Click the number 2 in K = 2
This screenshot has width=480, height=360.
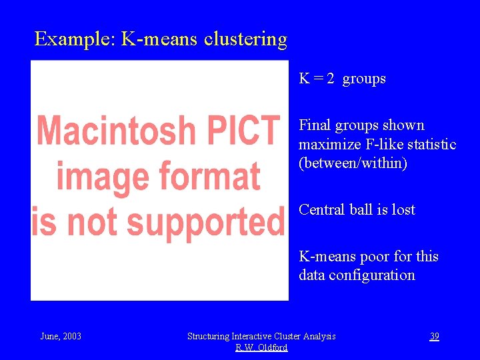330,79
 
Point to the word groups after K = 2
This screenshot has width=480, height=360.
364,79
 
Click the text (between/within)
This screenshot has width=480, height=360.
353,163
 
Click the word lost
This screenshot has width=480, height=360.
403,209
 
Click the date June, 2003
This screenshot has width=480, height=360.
61,336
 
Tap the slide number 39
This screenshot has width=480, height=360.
434,336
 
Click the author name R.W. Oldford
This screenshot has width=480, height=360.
261,347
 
